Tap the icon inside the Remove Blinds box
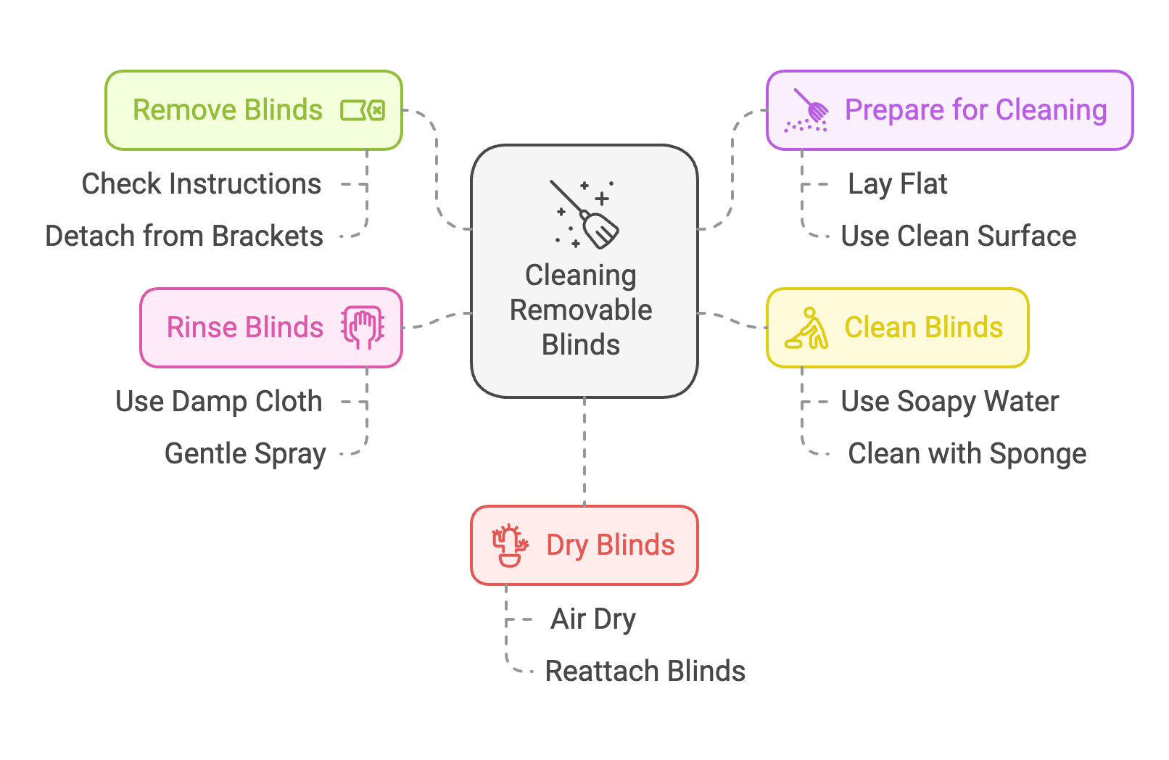pos(363,111)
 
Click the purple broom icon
pos(807,111)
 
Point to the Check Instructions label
pos(202,184)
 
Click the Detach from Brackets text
pos(184,236)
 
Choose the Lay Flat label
pos(898,184)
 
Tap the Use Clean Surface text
pos(958,236)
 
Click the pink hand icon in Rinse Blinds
pos(363,328)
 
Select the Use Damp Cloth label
pos(218,402)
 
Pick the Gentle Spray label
pos(245,454)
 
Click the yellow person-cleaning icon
pos(807,329)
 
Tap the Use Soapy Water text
pos(949,402)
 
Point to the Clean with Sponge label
pos(967,454)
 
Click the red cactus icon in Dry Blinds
pos(510,545)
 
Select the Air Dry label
pos(592,619)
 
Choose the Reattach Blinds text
pos(645,672)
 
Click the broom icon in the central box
pos(584,215)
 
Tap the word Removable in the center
pos(581,310)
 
